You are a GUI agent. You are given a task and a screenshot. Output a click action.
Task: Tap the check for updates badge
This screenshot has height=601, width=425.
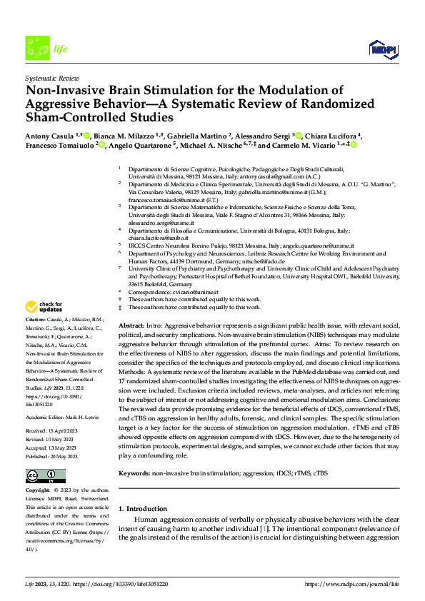click(x=45, y=307)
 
